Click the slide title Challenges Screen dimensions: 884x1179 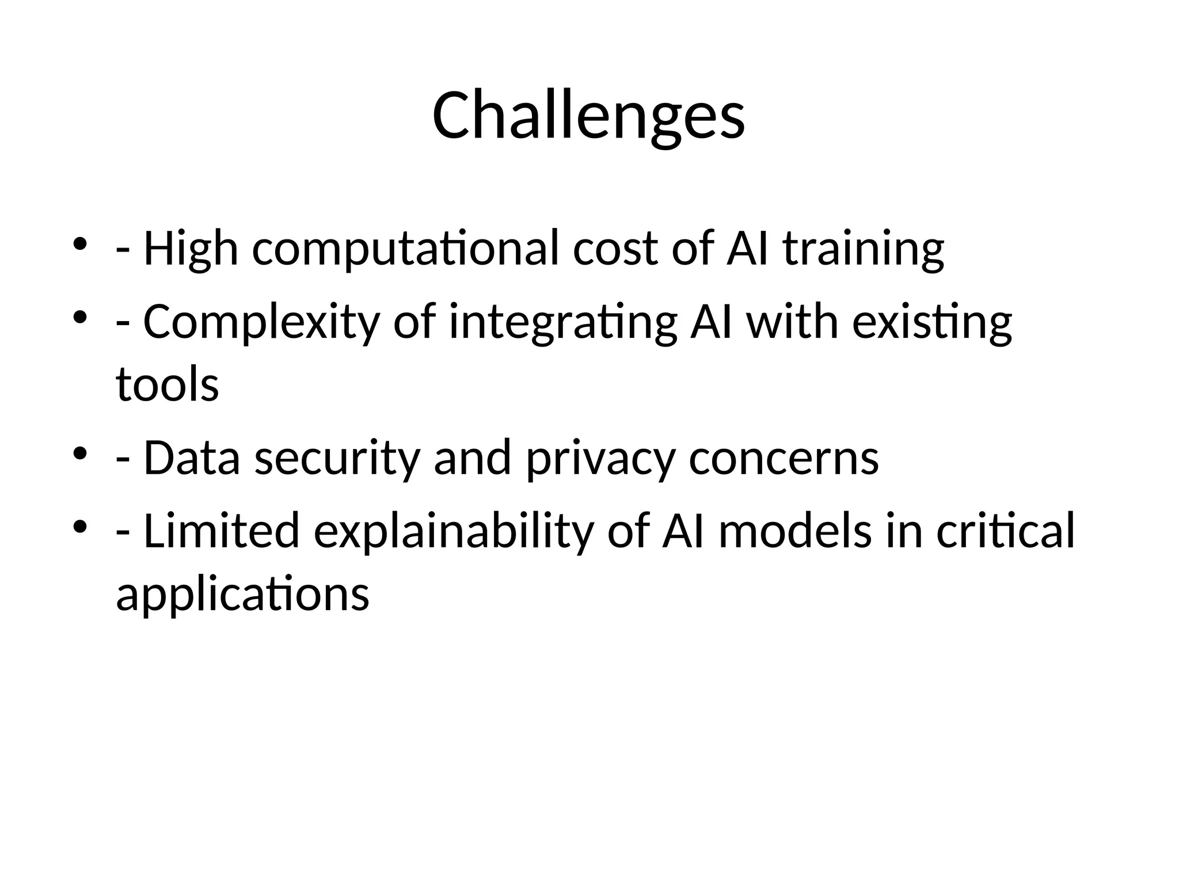[588, 116]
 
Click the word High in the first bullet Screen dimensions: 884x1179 [191, 249]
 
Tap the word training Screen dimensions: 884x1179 [864, 249]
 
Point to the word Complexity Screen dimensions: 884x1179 [261, 322]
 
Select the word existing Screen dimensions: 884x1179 [932, 322]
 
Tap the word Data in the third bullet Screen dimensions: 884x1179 [191, 458]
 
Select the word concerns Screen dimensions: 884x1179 [784, 458]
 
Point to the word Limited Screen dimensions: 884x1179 [222, 531]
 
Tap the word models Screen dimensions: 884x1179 [795, 531]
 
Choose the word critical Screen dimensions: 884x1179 [1005, 531]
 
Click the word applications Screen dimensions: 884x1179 [242, 594]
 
